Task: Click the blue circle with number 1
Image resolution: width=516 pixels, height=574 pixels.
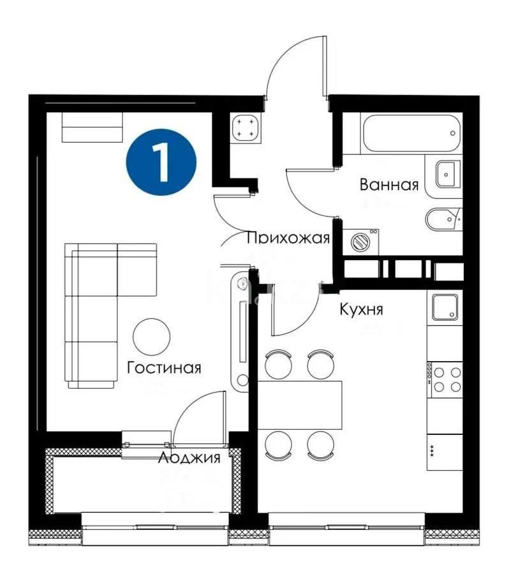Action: pos(161,163)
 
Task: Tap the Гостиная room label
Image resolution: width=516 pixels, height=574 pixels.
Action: pos(164,368)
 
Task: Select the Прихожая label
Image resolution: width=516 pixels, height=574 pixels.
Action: pos(288,239)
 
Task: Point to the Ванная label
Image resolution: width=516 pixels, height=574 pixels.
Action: pos(389,185)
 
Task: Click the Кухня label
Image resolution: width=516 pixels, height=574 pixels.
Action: pos(361,310)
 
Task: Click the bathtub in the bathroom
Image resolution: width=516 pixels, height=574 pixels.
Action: pos(410,133)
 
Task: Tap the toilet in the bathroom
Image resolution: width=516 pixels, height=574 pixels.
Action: pos(442,219)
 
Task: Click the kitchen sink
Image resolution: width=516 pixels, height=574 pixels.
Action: pos(445,307)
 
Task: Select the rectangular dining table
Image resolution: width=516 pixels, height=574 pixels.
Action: pos(299,404)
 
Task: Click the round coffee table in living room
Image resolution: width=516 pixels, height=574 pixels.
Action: pos(152,335)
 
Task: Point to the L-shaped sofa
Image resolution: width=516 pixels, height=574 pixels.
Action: pos(102,306)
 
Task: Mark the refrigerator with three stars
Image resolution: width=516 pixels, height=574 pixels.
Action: pos(445,451)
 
